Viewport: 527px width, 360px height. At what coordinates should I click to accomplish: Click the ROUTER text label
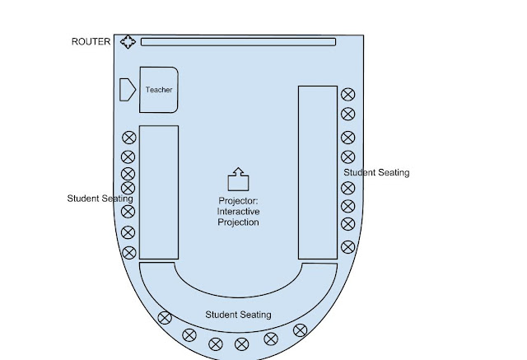click(91, 41)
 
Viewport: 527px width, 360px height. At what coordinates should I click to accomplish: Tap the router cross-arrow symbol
click(128, 42)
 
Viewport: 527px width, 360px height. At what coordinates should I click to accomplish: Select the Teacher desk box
click(159, 89)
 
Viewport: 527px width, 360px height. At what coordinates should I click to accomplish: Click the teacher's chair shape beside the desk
click(127, 89)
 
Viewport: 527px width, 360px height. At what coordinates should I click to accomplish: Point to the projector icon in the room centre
click(238, 179)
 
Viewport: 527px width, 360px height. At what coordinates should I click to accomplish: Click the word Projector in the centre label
click(238, 200)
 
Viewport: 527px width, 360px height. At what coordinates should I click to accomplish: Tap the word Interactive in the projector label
click(238, 212)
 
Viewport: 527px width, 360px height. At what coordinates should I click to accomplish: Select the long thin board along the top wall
click(238, 42)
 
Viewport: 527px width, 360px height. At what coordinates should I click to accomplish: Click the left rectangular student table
click(159, 192)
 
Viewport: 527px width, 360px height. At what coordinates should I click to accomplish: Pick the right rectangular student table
click(317, 172)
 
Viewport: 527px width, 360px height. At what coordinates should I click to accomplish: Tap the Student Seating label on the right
click(376, 173)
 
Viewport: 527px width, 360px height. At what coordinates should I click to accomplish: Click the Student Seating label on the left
click(100, 199)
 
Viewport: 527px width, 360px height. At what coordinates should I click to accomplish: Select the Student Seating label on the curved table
click(238, 315)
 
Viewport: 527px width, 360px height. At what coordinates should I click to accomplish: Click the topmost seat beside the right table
click(347, 95)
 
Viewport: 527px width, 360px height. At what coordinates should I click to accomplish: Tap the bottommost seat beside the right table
click(347, 245)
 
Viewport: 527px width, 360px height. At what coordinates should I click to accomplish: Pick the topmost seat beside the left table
click(128, 138)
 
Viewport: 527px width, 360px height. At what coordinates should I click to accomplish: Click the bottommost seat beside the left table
click(128, 253)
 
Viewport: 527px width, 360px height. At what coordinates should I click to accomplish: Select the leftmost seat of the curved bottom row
click(165, 317)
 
